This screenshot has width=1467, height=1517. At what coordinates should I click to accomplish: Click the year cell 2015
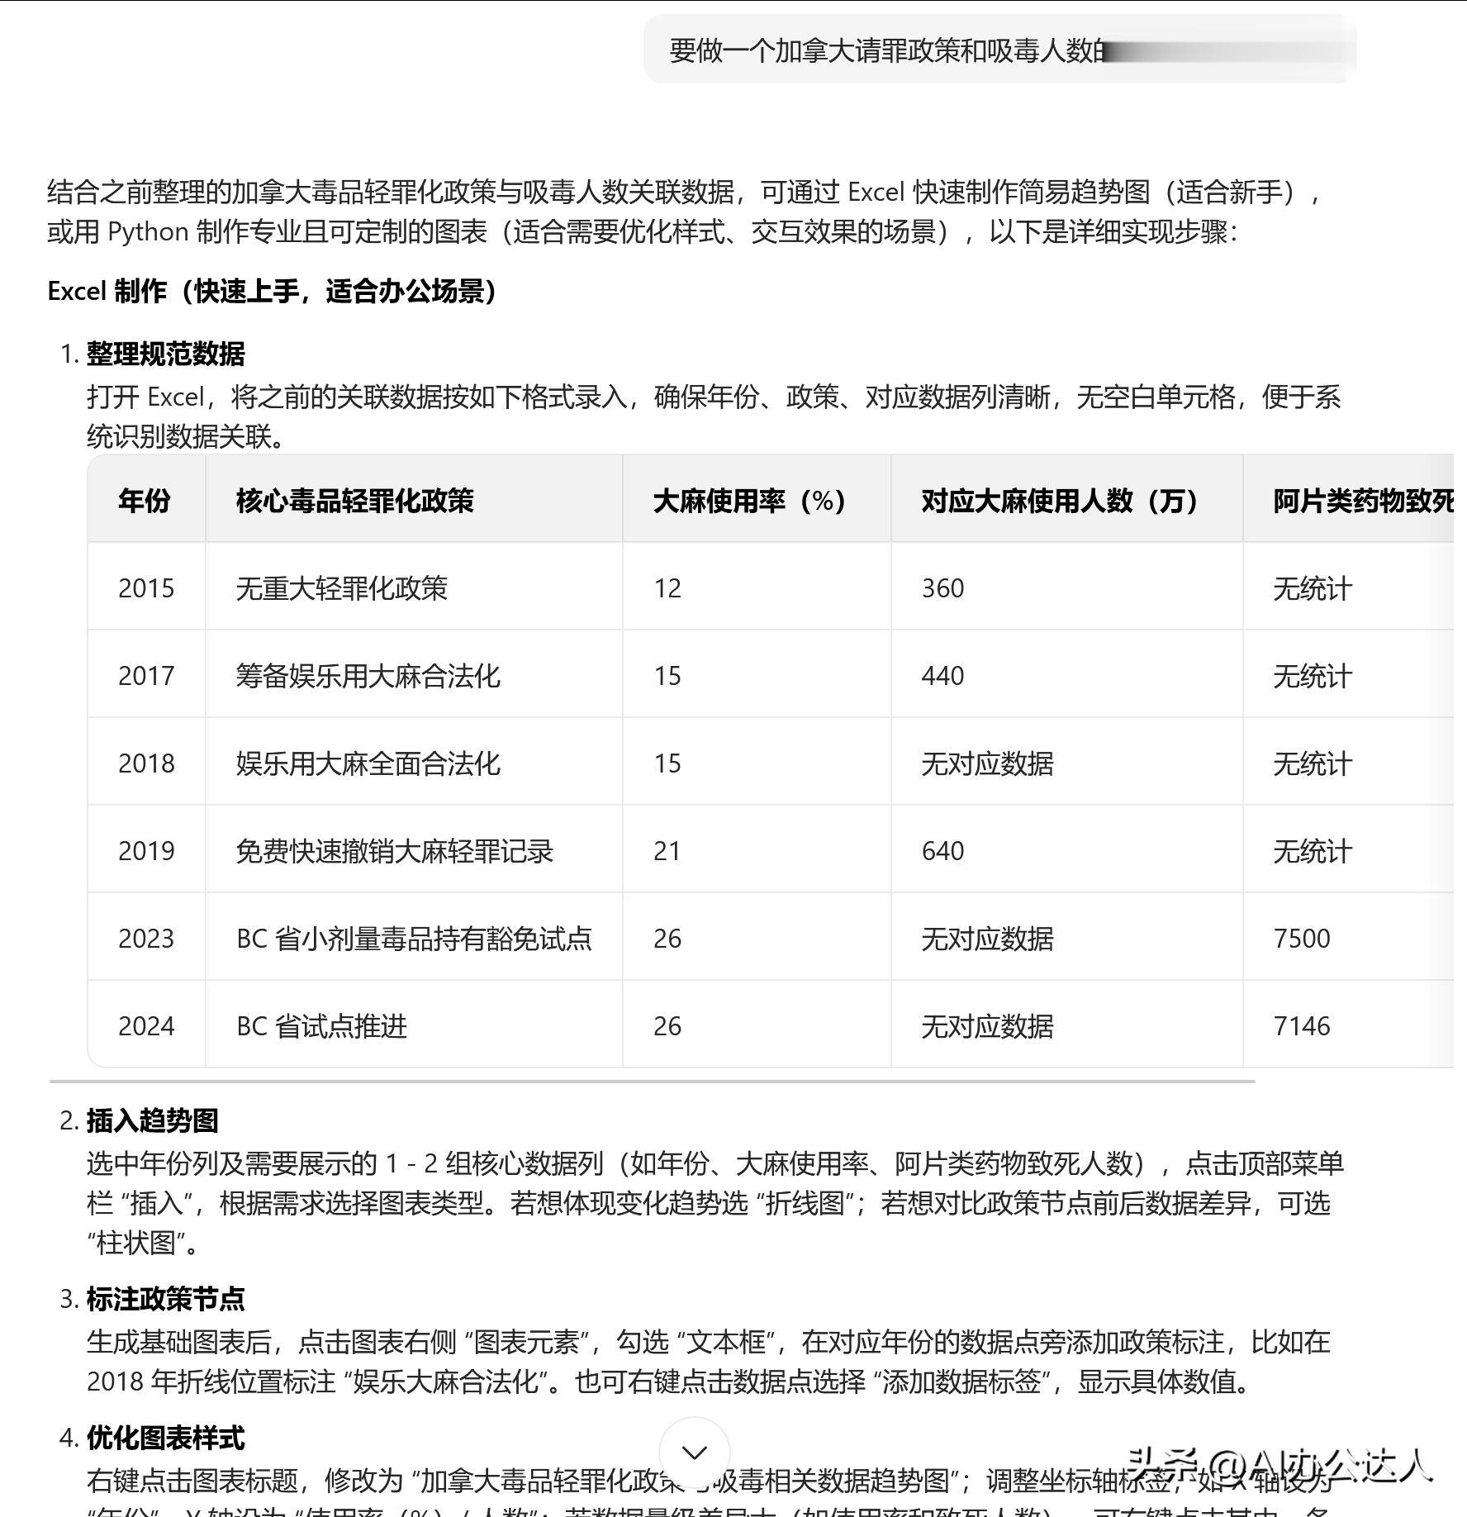pyautogui.click(x=146, y=588)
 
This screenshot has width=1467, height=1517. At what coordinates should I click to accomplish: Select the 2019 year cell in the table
pyautogui.click(x=146, y=851)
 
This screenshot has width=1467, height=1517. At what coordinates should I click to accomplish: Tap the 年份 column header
pyautogui.click(x=145, y=501)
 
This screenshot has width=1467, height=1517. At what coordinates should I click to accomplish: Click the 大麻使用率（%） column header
pyautogui.click(x=749, y=501)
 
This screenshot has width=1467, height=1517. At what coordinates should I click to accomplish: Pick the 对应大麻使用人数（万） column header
pyautogui.click(x=1060, y=501)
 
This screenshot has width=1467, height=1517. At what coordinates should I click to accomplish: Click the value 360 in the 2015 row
pyautogui.click(x=942, y=588)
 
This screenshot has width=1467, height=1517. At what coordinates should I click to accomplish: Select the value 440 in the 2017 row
pyautogui.click(x=942, y=676)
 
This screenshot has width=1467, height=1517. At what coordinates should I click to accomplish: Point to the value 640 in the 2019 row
pyautogui.click(x=942, y=851)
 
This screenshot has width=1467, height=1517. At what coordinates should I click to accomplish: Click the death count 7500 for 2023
pyautogui.click(x=1302, y=939)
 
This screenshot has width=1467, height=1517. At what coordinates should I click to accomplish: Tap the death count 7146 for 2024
pyautogui.click(x=1302, y=1026)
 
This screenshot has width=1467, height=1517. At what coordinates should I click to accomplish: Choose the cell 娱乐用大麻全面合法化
pyautogui.click(x=368, y=763)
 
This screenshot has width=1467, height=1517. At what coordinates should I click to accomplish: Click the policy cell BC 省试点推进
pyautogui.click(x=322, y=1026)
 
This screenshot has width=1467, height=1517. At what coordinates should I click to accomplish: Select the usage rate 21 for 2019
pyautogui.click(x=667, y=851)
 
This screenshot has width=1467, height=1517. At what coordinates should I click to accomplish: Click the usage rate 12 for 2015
pyautogui.click(x=667, y=588)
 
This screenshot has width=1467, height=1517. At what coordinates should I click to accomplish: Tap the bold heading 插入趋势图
pyautogui.click(x=153, y=1120)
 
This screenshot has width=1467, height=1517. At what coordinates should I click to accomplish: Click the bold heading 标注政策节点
pyautogui.click(x=166, y=1299)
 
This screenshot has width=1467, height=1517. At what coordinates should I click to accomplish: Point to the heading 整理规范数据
pyautogui.click(x=166, y=354)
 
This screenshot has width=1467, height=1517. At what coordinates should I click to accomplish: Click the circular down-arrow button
pyautogui.click(x=695, y=1452)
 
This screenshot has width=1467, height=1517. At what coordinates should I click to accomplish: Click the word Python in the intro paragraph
pyautogui.click(x=149, y=232)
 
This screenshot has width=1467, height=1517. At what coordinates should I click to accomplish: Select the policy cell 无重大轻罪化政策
pyautogui.click(x=342, y=588)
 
